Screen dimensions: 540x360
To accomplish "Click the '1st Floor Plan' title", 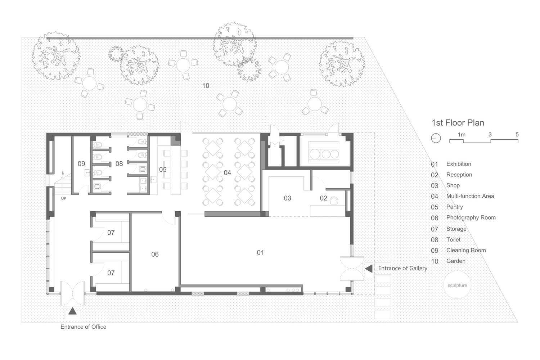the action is tap(458, 123).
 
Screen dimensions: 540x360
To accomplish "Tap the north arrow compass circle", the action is tap(436, 138).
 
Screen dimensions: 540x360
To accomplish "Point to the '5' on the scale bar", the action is tap(517, 134).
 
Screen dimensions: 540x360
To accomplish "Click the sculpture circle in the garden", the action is tap(457, 285).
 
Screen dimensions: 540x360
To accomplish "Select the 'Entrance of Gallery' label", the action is tap(402, 268).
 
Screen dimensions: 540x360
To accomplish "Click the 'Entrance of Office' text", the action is tap(83, 327).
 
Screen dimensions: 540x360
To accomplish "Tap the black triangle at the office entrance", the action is tap(72, 311).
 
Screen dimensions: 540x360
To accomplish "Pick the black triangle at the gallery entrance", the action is tap(369, 269).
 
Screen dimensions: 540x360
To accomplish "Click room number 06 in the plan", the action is tap(155, 255).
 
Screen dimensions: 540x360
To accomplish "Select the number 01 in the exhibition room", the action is tap(260, 253).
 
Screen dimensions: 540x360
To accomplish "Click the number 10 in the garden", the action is tap(206, 86).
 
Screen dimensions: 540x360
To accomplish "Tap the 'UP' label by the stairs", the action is tap(63, 198).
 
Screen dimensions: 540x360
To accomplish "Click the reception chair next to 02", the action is tap(334, 201).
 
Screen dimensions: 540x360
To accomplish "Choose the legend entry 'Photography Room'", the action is tap(471, 217).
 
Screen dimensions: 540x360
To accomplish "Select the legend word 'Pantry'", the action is tap(454, 207).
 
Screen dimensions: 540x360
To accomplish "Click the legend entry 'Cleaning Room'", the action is tap(466, 250).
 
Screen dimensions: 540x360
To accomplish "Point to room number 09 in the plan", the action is tap(81, 164).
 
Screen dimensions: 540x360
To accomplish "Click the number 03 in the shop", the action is tap(287, 198).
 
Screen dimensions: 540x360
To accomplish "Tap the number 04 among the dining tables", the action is tap(227, 173).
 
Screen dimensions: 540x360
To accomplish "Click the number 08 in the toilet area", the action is tap(119, 164).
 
